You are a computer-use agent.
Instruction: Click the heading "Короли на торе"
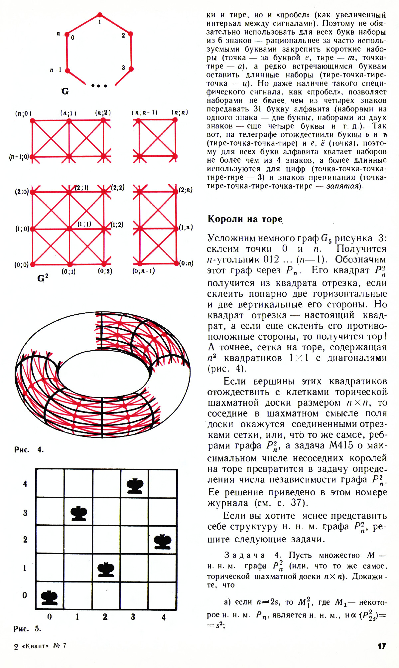(245, 219)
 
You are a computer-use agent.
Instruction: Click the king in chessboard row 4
(135, 486)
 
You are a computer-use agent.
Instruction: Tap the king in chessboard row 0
(49, 597)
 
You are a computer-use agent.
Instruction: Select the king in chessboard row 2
(163, 542)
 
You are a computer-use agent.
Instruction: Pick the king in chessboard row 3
(79, 514)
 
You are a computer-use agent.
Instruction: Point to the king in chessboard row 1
(106, 570)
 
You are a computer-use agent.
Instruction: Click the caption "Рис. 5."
(27, 628)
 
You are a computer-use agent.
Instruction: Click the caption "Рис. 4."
(29, 450)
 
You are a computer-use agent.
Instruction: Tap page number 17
(382, 646)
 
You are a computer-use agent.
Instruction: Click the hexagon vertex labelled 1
(100, 15)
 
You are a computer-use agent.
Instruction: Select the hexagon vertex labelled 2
(131, 34)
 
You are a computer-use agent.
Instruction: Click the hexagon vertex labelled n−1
(67, 71)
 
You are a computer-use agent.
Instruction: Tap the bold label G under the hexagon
(65, 91)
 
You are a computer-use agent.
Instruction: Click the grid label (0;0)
(21, 265)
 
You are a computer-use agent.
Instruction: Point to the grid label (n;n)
(180, 112)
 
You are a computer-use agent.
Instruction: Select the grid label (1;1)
(84, 224)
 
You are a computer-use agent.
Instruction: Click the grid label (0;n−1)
(144, 271)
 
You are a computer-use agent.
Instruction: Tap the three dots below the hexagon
(99, 86)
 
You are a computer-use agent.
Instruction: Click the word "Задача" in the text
(244, 555)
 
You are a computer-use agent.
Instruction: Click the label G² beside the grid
(43, 278)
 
